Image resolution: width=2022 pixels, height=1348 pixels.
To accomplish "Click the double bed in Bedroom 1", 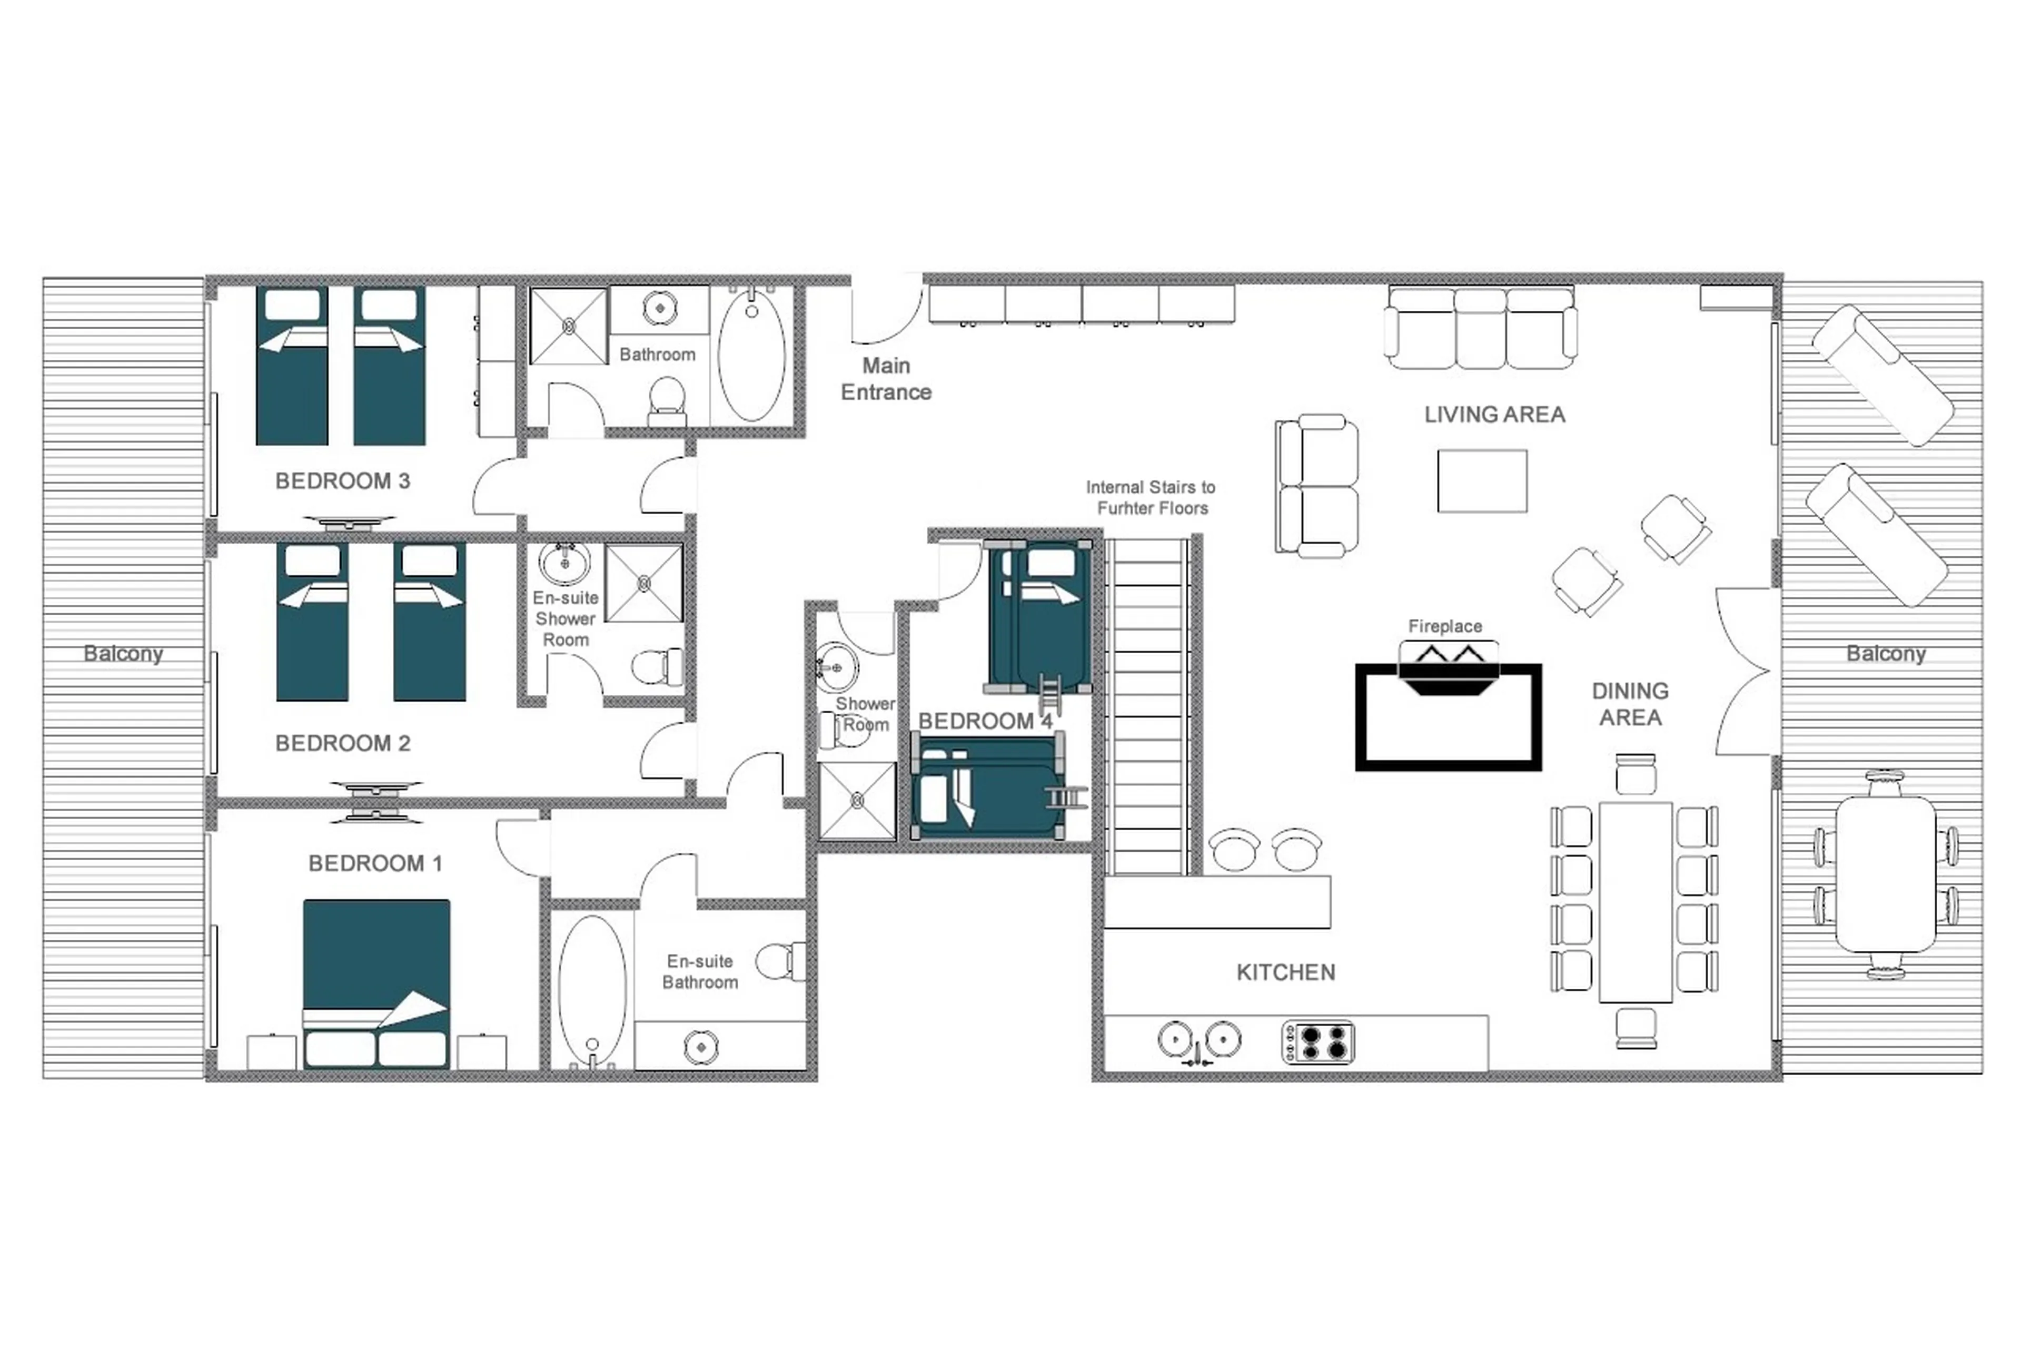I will coord(376,980).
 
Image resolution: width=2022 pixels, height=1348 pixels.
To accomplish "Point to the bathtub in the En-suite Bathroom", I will coord(591,989).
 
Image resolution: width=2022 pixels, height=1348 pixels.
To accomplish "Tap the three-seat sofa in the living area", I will coord(1480,328).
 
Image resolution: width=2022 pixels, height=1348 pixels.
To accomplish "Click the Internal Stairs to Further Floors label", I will coord(1151,498).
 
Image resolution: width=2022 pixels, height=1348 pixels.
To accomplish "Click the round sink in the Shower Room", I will coord(835,667).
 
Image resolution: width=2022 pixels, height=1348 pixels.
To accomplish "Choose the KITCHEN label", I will coord(1285,972).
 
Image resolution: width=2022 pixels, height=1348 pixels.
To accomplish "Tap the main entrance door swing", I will coord(885,311).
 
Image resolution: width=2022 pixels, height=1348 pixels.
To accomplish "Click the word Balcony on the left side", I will coord(123,653).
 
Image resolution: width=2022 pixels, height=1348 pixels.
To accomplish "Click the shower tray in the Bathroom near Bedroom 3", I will coord(568,327).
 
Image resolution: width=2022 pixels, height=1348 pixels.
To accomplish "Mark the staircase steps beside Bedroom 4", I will coord(1148,705).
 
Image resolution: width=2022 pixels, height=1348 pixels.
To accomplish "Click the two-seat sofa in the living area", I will coord(1316,486).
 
